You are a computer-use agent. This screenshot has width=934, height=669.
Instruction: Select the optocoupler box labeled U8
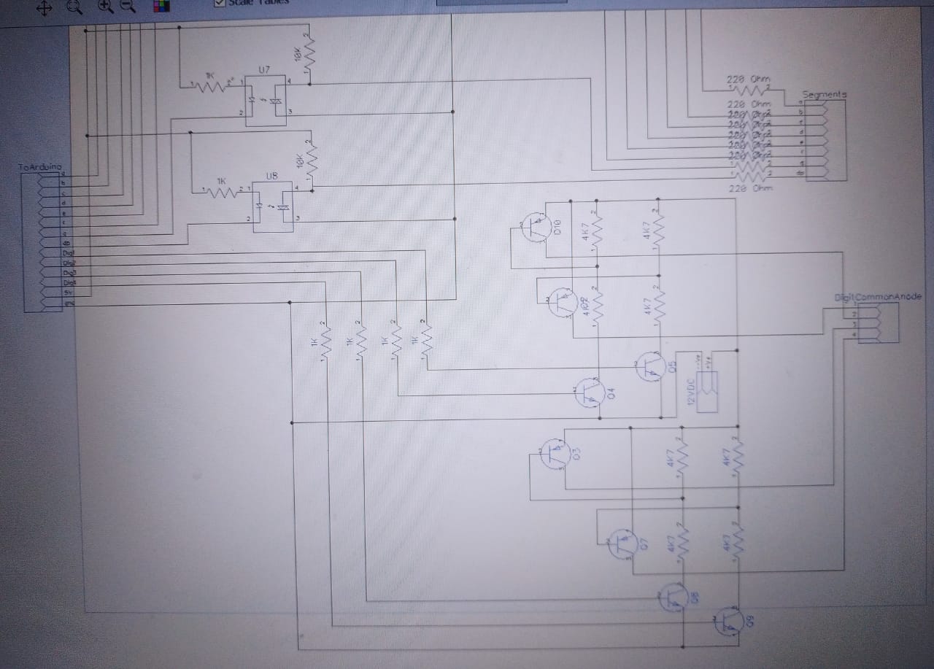[x=272, y=208]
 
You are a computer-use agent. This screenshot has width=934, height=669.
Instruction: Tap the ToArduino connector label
[x=40, y=168]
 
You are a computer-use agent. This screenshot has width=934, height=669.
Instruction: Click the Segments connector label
[x=824, y=95]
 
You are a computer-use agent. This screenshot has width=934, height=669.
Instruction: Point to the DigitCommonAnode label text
[x=877, y=297]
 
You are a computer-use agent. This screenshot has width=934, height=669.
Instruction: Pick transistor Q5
[x=650, y=366]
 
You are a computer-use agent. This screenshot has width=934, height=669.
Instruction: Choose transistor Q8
[x=673, y=598]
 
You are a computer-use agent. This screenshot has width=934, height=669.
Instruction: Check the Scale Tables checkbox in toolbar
[x=219, y=3]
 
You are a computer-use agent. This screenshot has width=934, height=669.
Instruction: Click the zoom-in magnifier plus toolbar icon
[x=105, y=7]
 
